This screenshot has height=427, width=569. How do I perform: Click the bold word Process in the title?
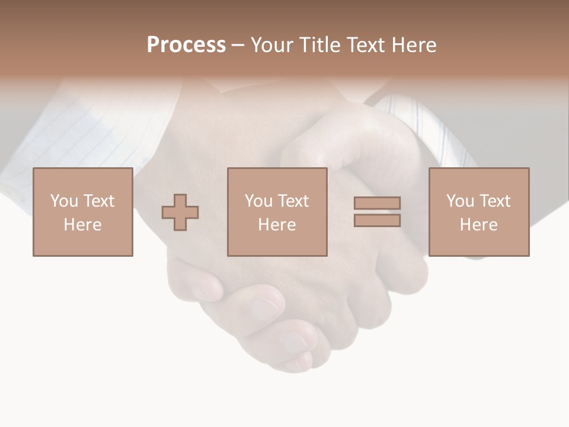click(186, 45)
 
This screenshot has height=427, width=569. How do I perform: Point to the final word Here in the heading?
click(413, 45)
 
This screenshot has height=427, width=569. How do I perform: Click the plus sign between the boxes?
click(180, 212)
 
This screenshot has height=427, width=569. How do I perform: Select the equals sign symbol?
click(377, 212)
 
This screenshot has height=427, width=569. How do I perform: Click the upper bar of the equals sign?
click(377, 203)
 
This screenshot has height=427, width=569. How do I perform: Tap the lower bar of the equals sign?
click(377, 220)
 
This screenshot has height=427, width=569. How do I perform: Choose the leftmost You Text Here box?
click(83, 212)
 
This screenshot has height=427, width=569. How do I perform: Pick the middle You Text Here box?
click(277, 212)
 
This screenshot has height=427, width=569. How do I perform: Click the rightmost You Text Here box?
click(479, 212)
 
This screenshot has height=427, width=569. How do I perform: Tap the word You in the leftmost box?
click(64, 201)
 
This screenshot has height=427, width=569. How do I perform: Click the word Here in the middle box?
click(277, 225)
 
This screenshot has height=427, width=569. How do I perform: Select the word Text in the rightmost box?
click(494, 201)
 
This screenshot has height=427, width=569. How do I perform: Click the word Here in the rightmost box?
click(479, 225)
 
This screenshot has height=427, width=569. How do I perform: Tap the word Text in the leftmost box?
click(98, 201)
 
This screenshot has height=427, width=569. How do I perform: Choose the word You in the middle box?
click(258, 201)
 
